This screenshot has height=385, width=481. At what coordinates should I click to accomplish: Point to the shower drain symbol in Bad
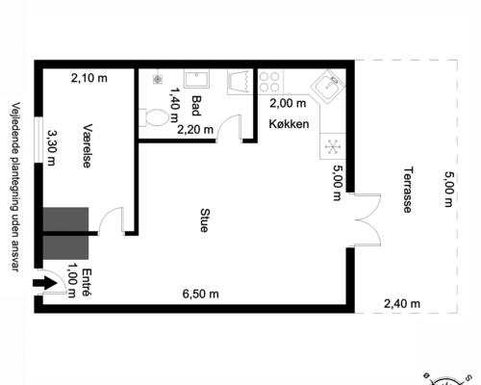tap(156, 82)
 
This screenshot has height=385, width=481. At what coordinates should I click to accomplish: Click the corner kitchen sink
tap(330, 87)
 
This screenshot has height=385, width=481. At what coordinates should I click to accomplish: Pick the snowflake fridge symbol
tap(332, 146)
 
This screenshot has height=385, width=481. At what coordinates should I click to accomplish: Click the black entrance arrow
tap(43, 284)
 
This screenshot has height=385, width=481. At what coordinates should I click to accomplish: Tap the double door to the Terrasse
tap(367, 218)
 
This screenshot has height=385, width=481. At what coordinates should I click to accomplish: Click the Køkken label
tap(289, 124)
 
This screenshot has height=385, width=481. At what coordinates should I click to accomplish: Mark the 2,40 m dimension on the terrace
tap(402, 304)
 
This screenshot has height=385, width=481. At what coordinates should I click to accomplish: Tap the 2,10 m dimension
tap(89, 79)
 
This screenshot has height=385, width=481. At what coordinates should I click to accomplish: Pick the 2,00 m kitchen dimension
tap(287, 103)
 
